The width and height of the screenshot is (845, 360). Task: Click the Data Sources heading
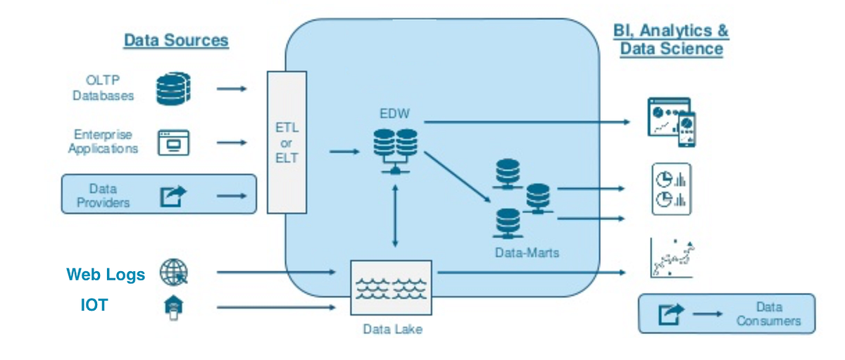tap(176, 40)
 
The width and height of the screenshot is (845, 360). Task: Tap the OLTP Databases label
tap(104, 88)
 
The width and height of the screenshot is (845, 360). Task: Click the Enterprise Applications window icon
tap(173, 143)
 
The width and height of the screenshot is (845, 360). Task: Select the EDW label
tap(394, 113)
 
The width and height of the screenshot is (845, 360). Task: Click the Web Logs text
tap(106, 275)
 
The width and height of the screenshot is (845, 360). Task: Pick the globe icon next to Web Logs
tap(174, 273)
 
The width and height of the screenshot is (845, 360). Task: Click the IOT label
tap(93, 306)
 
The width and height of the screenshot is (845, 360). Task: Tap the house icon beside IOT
tap(173, 308)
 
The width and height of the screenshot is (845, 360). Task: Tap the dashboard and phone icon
tap(671, 122)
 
